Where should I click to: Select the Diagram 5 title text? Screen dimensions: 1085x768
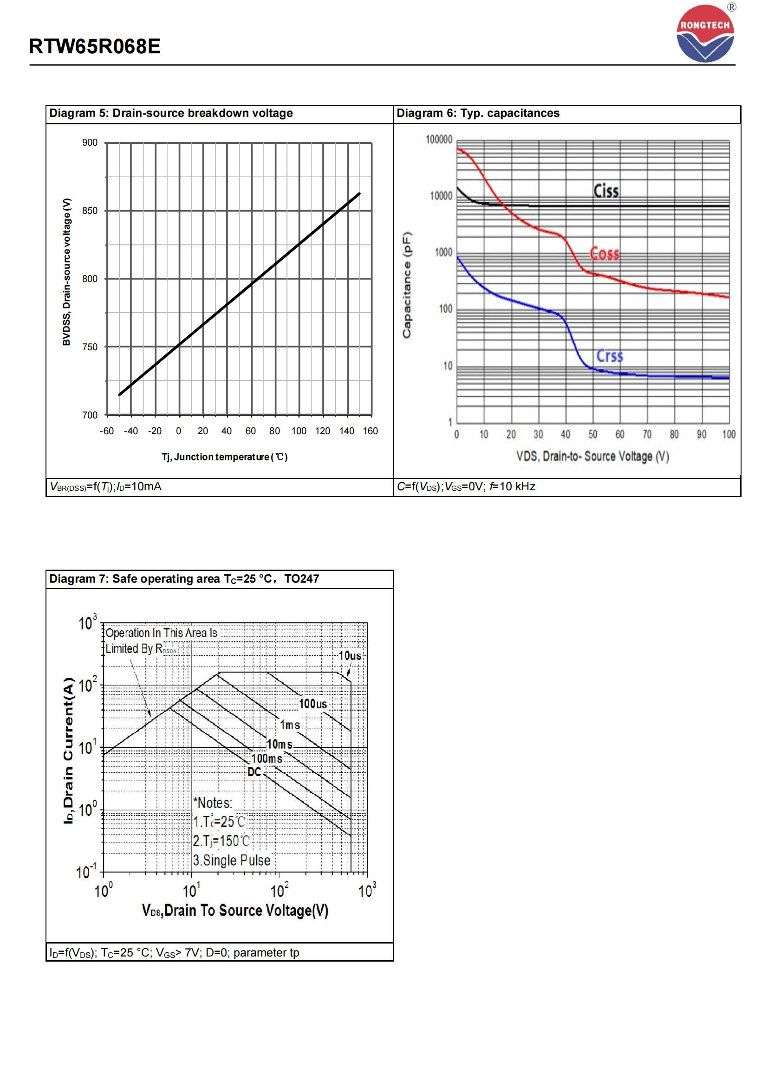point(171,113)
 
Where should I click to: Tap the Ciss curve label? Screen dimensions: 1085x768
point(606,191)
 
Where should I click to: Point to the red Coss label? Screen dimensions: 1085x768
point(605,254)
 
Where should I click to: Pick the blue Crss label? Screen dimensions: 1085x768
point(609,356)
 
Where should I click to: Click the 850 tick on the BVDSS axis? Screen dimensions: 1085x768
point(90,211)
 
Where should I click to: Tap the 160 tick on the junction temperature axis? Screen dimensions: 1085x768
point(370,431)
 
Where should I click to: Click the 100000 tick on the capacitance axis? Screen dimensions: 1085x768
point(439,140)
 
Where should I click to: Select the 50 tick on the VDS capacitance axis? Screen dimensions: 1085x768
point(592,434)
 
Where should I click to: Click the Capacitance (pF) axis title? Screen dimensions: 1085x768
point(407,285)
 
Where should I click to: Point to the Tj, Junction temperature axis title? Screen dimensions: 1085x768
point(225,457)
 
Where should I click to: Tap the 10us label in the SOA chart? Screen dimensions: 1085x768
point(350,656)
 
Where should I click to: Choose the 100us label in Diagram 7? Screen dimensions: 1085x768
point(312,704)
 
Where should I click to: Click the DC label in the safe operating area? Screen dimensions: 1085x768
point(254,772)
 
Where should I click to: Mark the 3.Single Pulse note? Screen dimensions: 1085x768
point(232,860)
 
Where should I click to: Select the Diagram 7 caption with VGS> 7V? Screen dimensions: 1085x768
point(174,953)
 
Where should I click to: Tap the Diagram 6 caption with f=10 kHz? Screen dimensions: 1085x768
point(466,487)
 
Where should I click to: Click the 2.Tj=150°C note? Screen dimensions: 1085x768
point(221,841)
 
